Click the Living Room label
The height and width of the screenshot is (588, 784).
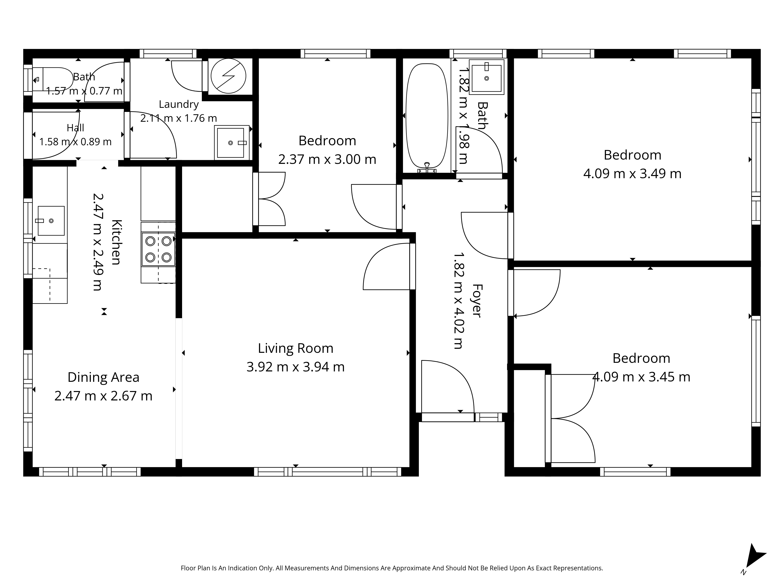click(296, 348)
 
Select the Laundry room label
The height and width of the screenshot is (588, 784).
click(179, 104)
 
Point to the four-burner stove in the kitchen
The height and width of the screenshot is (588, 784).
click(158, 249)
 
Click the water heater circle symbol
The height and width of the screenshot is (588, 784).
click(229, 76)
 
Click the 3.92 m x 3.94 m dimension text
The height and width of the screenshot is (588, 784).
click(296, 367)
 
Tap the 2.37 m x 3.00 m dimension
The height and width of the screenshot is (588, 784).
click(327, 160)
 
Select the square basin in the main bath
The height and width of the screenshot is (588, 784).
click(487, 77)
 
